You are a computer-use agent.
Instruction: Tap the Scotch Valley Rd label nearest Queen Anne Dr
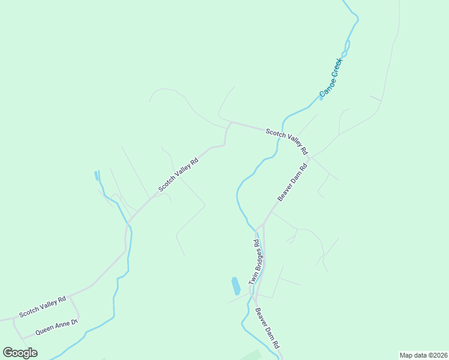[x=42, y=306]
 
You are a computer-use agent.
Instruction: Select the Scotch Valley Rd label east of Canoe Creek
[x=287, y=141]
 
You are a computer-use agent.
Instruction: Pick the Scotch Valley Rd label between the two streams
[x=178, y=175]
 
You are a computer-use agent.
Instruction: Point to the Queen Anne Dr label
[x=56, y=327]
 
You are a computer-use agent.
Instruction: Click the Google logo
[x=20, y=353]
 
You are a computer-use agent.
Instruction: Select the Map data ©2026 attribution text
[x=423, y=355]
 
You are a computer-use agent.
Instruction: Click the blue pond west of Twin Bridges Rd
[x=236, y=285]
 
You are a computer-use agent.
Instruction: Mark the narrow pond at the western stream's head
[x=97, y=176]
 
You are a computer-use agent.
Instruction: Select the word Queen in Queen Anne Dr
[x=45, y=330]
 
